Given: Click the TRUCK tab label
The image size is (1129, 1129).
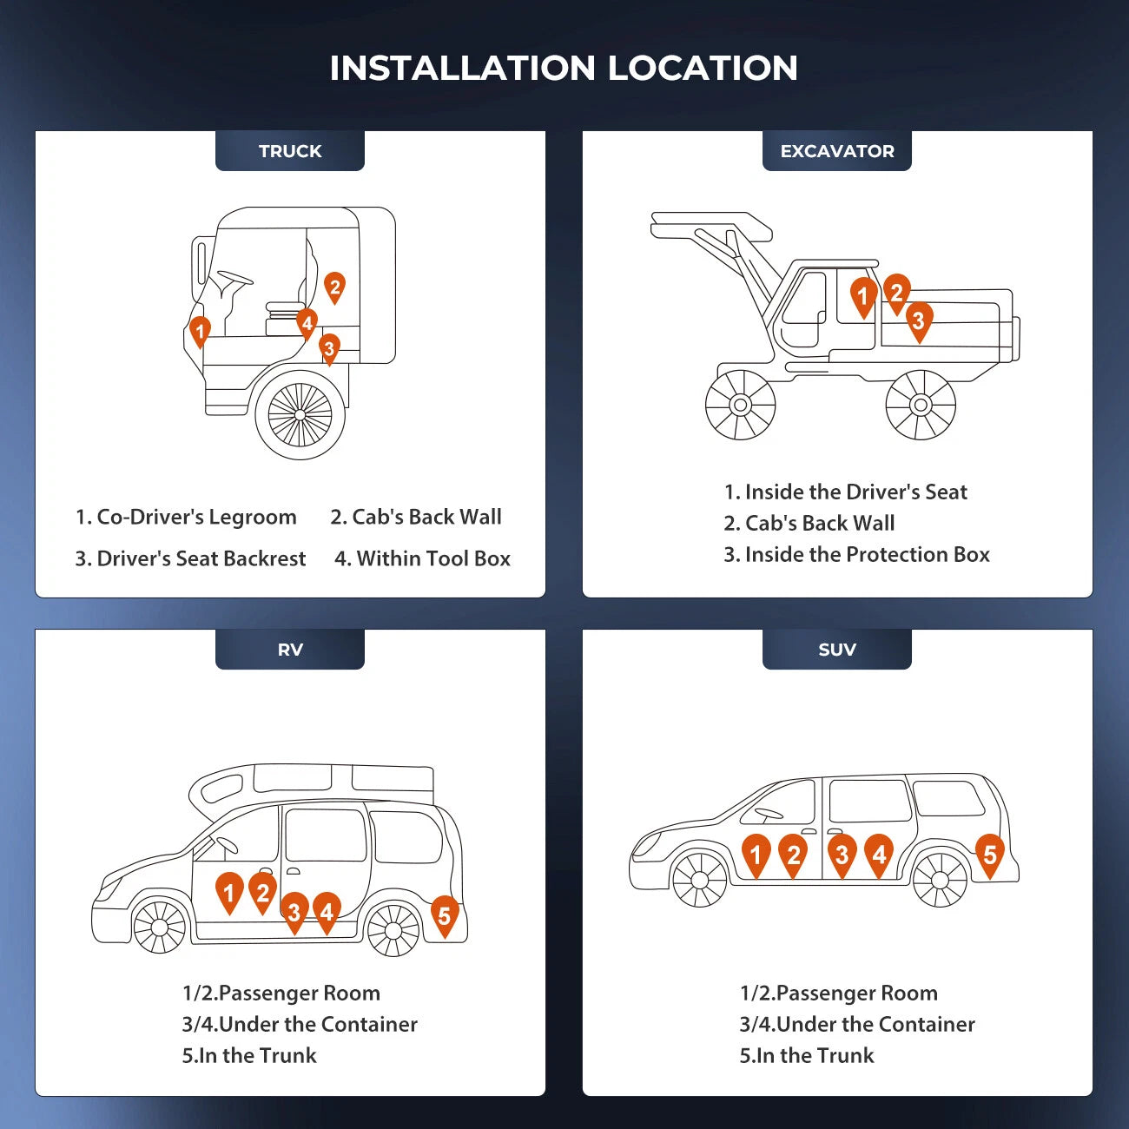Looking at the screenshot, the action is click(x=290, y=151).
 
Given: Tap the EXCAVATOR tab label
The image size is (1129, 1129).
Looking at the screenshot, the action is click(x=837, y=151).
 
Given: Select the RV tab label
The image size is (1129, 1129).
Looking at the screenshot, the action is click(x=290, y=649).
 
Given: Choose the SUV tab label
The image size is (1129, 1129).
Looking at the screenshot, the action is click(x=837, y=649).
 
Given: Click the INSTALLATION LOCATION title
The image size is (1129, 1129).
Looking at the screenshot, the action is click(x=564, y=68).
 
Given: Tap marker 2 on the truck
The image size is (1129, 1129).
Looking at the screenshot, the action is click(x=334, y=287).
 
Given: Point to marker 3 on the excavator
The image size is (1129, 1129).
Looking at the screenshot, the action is click(x=919, y=321).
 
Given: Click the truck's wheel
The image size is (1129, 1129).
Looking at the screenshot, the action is click(x=300, y=415).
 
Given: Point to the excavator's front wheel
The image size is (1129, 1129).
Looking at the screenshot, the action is click(x=741, y=405).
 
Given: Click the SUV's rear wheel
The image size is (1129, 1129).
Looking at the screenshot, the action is click(x=940, y=881).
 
